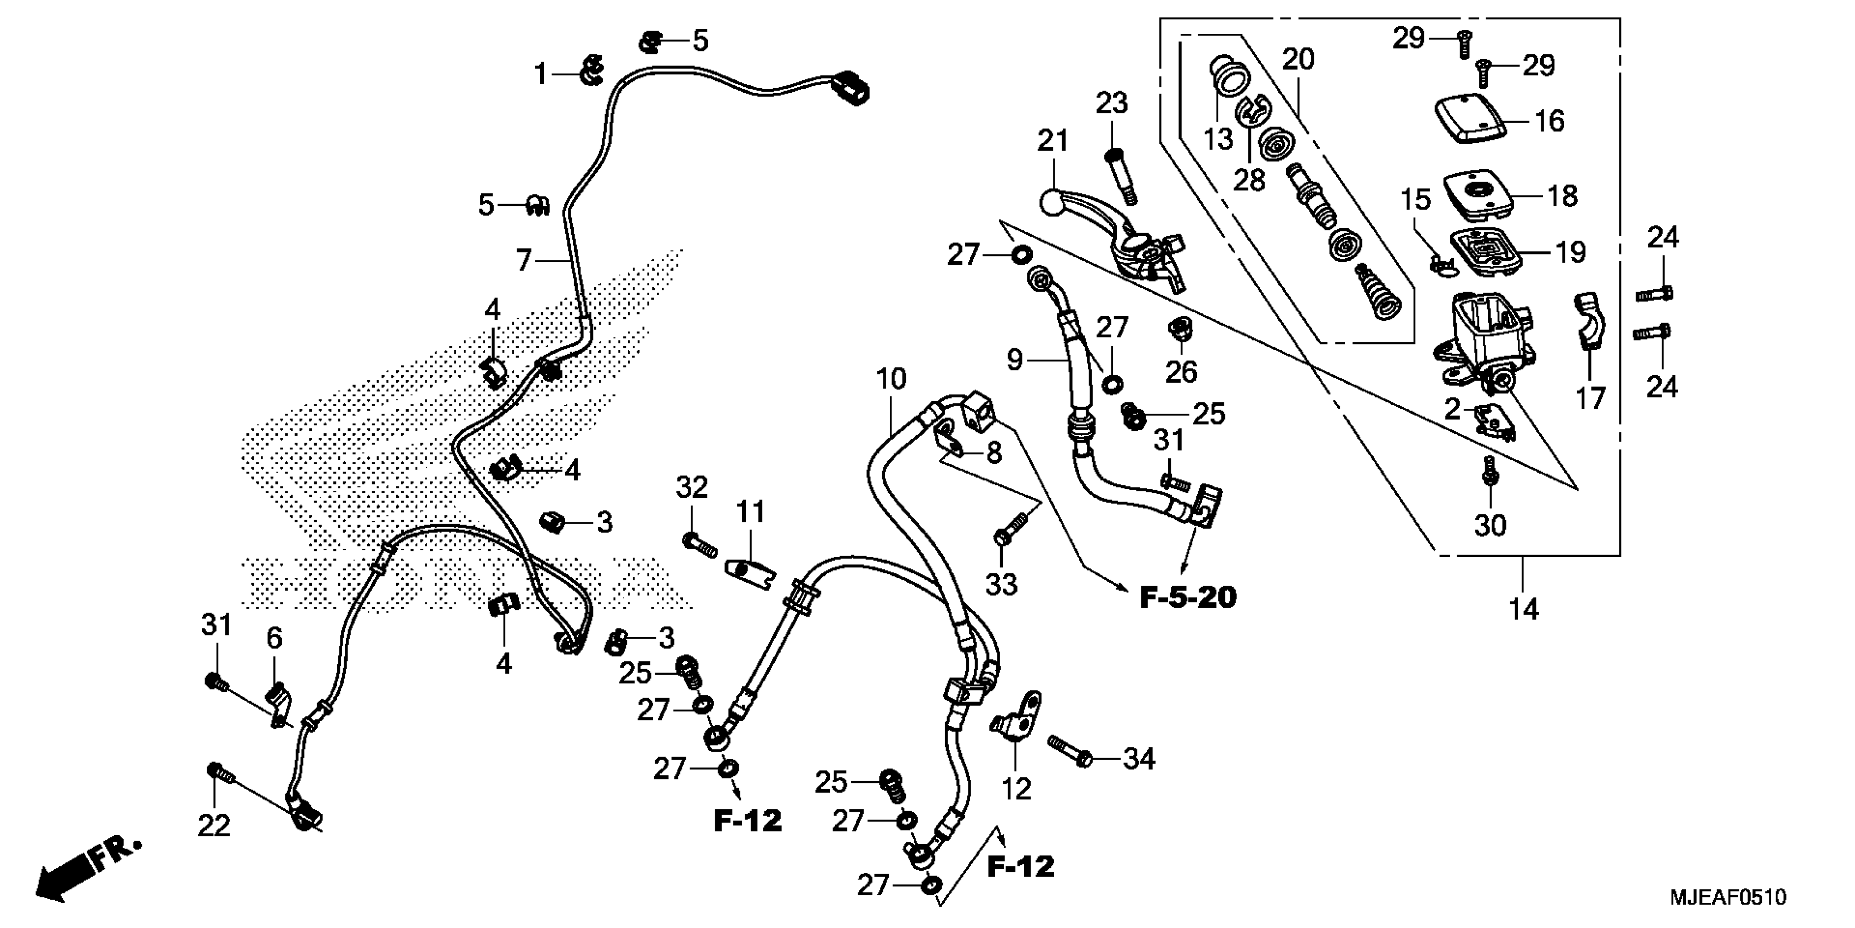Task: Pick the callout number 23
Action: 1111,104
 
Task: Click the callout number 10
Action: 891,378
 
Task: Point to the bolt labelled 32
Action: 698,544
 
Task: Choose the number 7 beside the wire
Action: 524,260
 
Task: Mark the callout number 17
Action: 1590,398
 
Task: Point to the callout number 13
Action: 1218,138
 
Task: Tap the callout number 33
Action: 1000,584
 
